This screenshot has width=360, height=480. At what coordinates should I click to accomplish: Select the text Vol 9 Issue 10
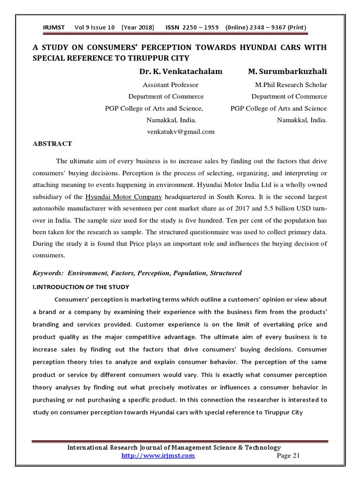(x=94, y=27)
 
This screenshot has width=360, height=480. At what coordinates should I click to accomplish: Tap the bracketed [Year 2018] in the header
(x=138, y=27)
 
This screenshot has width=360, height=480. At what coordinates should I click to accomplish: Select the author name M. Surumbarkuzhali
(x=287, y=72)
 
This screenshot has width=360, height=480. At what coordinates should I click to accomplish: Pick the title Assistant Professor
(x=170, y=85)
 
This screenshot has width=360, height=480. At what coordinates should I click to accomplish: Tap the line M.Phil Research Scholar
(x=291, y=85)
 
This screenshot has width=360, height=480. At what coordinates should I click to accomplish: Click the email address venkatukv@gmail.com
(x=180, y=132)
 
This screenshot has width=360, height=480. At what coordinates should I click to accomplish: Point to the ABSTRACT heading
(x=52, y=144)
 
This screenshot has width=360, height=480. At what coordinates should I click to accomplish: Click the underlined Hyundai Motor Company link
(x=124, y=197)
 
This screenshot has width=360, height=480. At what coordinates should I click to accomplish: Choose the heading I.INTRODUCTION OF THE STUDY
(x=81, y=286)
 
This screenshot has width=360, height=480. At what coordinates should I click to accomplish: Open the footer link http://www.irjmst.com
(x=158, y=456)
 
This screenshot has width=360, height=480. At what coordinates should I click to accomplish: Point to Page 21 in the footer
(x=288, y=456)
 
